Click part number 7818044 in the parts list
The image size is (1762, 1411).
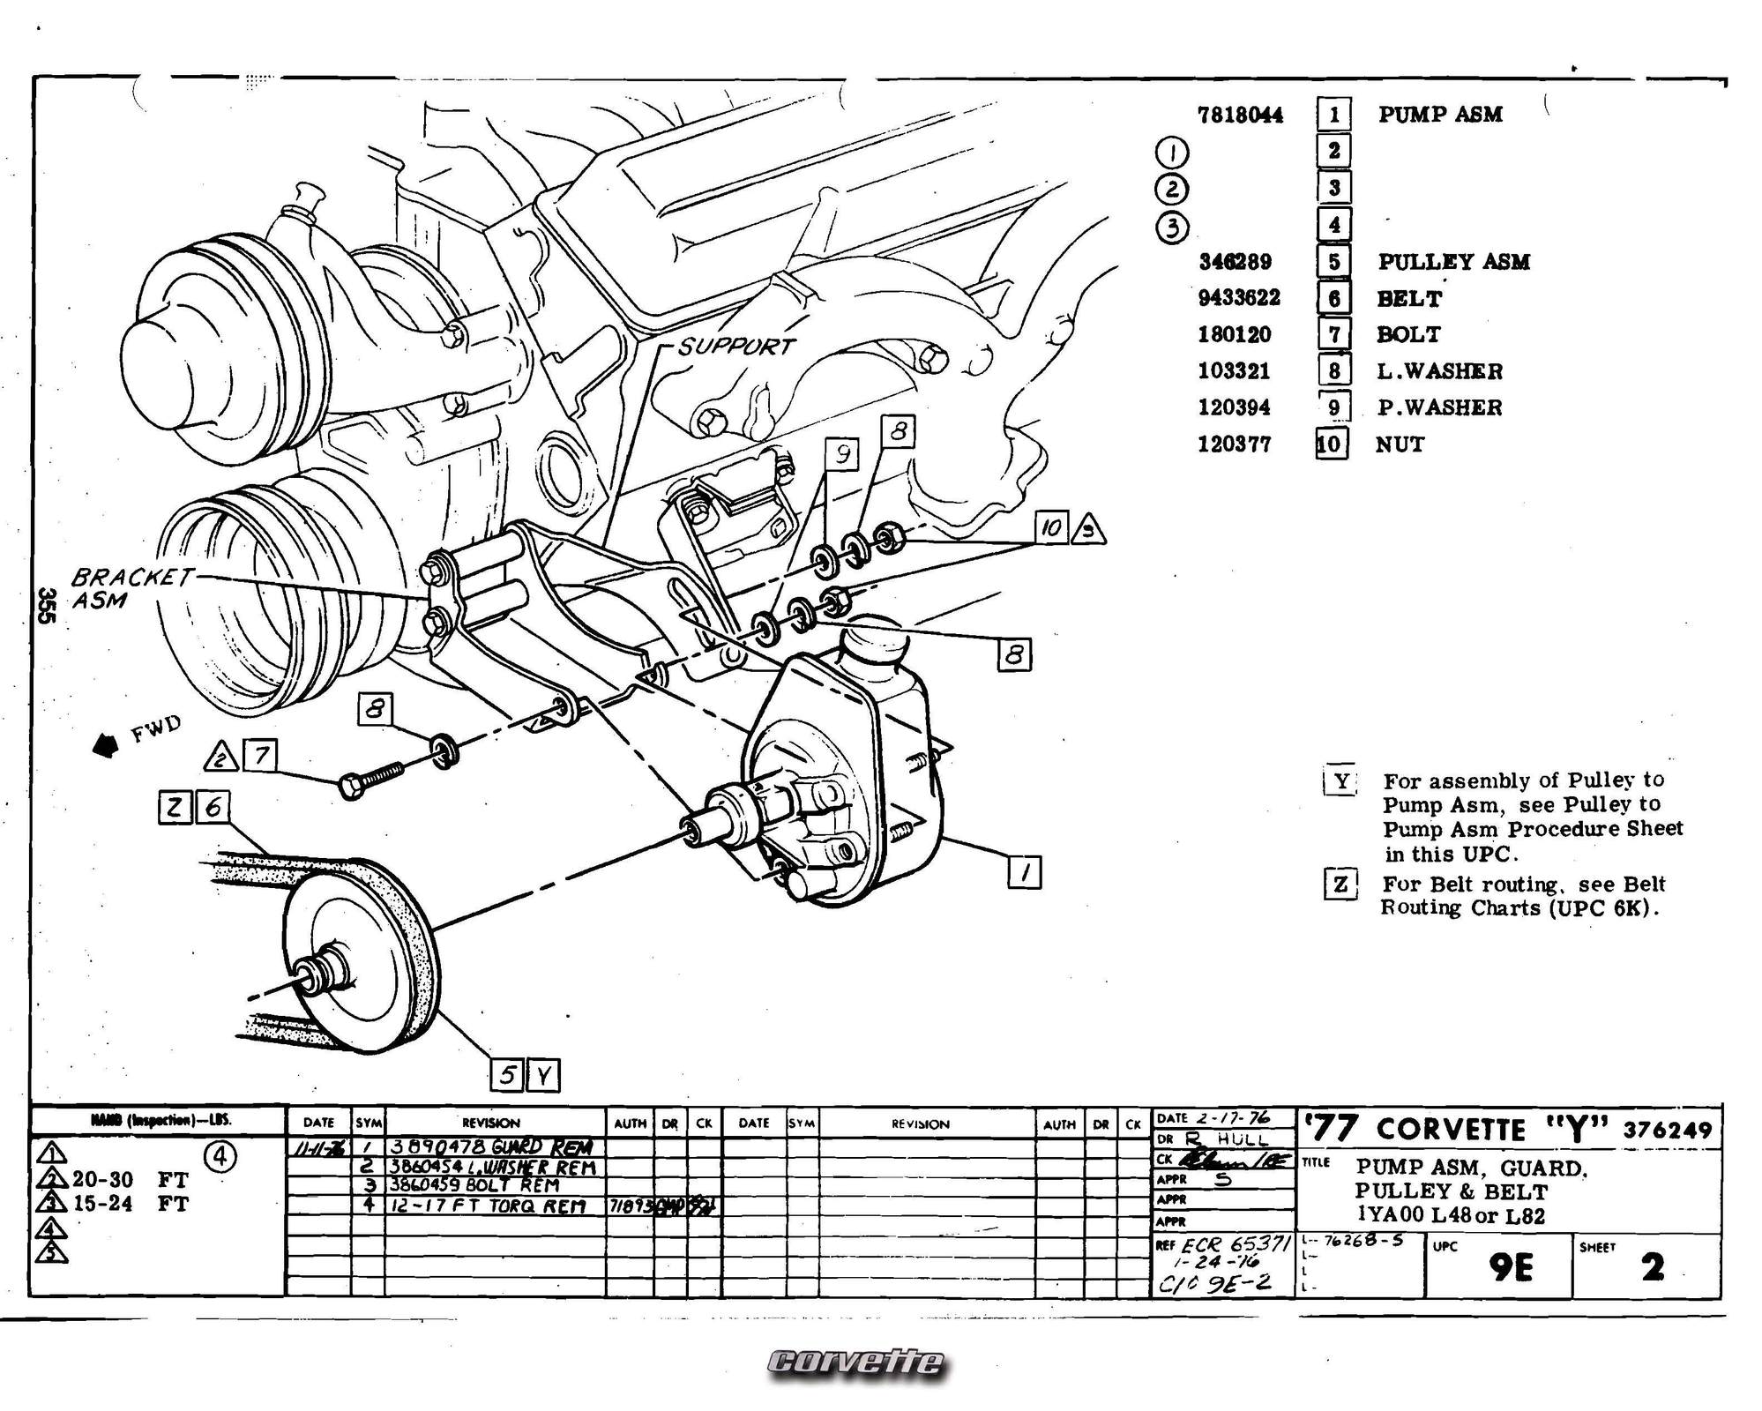pos(1240,115)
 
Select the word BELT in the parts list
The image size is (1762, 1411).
pos(1408,299)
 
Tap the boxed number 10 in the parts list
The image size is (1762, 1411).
pos(1331,444)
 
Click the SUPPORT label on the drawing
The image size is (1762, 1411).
pos(736,346)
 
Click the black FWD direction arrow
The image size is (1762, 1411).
pos(106,746)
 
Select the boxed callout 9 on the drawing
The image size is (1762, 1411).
pos(842,454)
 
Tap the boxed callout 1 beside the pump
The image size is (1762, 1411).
pos(1024,873)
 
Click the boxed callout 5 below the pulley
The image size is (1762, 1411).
pos(507,1075)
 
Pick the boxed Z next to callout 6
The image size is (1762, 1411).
pos(175,807)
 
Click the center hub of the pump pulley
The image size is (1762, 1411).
pos(311,974)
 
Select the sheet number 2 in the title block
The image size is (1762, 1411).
pos(1653,1267)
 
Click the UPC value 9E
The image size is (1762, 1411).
pos(1510,1268)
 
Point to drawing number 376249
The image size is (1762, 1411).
pos(1667,1131)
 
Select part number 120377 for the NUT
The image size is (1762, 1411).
pos(1234,444)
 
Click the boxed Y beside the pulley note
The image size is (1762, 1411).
pos(1340,781)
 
